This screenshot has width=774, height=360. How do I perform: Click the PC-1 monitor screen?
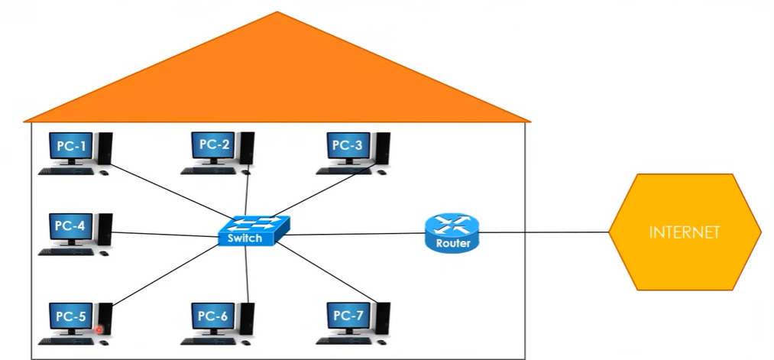click(x=70, y=145)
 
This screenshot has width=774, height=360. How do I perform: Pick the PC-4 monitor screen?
click(x=70, y=226)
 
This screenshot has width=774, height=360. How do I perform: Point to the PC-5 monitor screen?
click(x=70, y=315)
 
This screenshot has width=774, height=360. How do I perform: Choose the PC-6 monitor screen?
click(x=213, y=315)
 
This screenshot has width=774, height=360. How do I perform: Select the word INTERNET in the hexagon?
click(x=685, y=232)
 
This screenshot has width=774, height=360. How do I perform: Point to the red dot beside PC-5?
click(x=99, y=330)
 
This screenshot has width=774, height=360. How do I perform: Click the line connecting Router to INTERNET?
click(x=542, y=232)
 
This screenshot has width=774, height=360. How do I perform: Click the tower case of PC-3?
click(x=383, y=148)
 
